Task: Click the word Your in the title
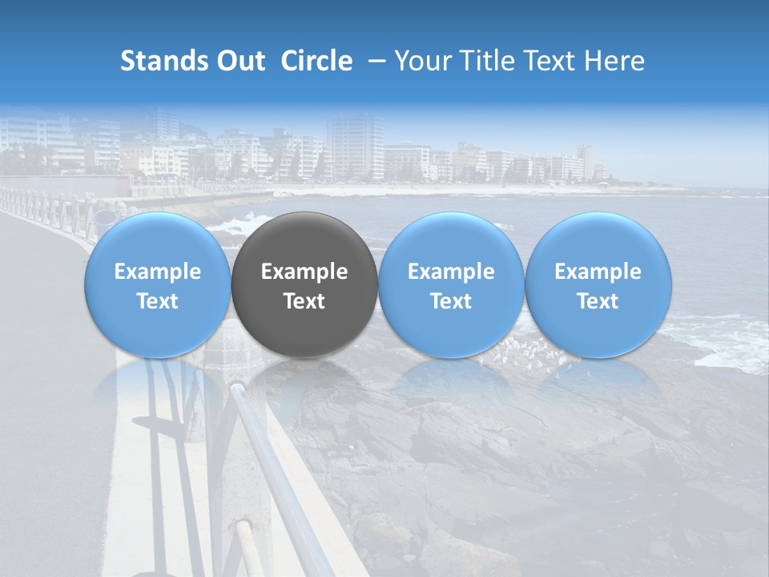(418, 61)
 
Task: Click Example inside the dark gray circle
(304, 272)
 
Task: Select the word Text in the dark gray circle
(304, 301)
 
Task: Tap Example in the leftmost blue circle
(158, 272)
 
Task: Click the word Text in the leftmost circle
(158, 301)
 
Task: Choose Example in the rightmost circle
(598, 272)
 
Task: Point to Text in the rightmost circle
(598, 301)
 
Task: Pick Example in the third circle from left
(451, 272)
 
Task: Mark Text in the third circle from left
(451, 301)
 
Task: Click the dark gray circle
(304, 240)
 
